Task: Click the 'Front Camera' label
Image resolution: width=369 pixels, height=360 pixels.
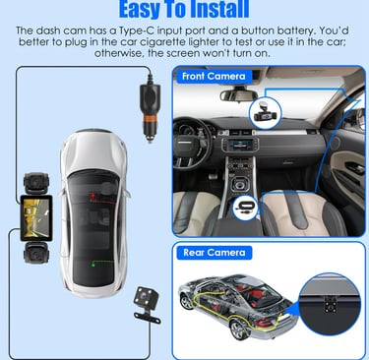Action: pyautogui.click(x=214, y=77)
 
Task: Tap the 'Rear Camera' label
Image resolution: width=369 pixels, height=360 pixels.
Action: pyautogui.click(x=215, y=253)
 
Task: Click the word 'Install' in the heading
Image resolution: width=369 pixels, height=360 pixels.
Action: pyautogui.click(x=219, y=9)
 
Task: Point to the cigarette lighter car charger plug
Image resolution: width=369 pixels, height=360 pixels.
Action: pyautogui.click(x=151, y=109)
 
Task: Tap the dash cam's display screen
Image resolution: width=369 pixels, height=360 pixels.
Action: pyautogui.click(x=36, y=217)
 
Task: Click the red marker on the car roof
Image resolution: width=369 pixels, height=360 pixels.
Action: pyautogui.click(x=93, y=196)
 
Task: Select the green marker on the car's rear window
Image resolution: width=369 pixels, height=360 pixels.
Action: pyautogui.click(x=93, y=264)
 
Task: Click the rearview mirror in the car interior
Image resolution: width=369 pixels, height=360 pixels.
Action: pyautogui.click(x=238, y=95)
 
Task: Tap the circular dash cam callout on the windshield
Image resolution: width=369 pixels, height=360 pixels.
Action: pyautogui.click(x=265, y=113)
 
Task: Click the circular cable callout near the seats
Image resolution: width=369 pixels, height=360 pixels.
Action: pyautogui.click(x=245, y=208)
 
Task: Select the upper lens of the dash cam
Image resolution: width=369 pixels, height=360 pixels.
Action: pyautogui.click(x=36, y=183)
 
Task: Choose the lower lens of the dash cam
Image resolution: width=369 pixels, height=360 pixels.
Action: pyautogui.click(x=36, y=253)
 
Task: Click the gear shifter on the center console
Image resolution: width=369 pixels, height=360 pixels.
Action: pyautogui.click(x=241, y=183)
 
